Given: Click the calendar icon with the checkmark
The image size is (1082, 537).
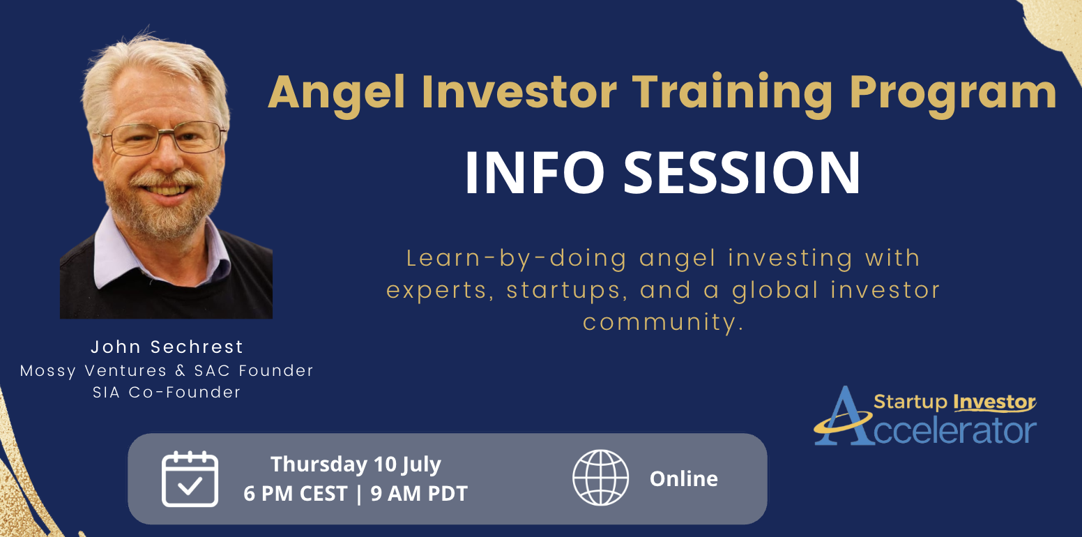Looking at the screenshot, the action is pos(190,479).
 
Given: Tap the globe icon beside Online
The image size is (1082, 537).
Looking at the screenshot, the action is pos(600,478).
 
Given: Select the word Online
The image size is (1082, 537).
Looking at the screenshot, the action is pos(683,478).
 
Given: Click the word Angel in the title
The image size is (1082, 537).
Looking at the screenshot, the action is pos(337,94).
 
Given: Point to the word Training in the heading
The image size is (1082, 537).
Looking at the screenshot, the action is pos(733,93).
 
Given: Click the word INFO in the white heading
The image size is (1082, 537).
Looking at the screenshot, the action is pos(535,172).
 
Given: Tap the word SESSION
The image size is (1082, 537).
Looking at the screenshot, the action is pos(742,172).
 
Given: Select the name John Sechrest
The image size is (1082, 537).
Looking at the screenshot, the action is pos(167,347).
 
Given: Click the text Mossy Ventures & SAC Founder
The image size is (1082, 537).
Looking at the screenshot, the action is pos(167,370).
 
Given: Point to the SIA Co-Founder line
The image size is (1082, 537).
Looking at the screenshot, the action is pos(167,392).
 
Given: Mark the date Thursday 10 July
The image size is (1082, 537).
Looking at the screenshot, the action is pos(356,464).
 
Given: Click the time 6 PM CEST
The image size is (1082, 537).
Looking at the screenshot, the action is pos(296,494).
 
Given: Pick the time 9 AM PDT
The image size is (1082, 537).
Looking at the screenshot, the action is pos(419,494).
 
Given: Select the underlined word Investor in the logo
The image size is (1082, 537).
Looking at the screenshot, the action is pos(994,402).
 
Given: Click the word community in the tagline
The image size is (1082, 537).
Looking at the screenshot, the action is pos(663,322).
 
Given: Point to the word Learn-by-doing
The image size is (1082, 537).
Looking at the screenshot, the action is pos(517,259).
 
